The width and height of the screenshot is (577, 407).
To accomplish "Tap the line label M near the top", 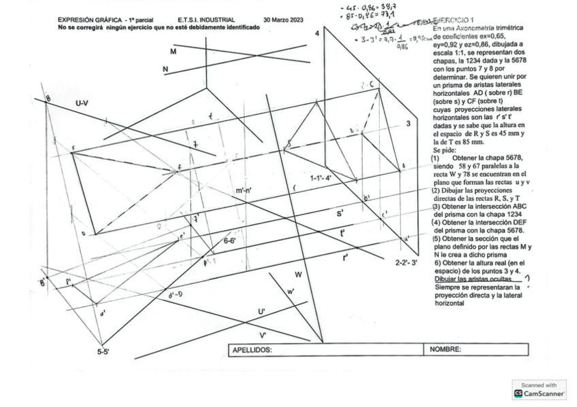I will point(174,52).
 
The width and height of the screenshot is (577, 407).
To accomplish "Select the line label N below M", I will point(165,69).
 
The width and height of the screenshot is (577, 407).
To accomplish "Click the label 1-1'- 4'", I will point(320,178).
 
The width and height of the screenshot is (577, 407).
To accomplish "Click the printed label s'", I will point(340,213).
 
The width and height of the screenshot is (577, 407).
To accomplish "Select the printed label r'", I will point(346,257).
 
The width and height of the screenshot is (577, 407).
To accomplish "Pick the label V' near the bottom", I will point(263,335).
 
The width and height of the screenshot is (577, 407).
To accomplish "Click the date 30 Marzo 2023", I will point(283,20).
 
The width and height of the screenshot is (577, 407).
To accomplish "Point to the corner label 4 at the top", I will point(316,33).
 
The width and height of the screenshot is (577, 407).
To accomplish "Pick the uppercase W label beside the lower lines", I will point(297,275).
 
